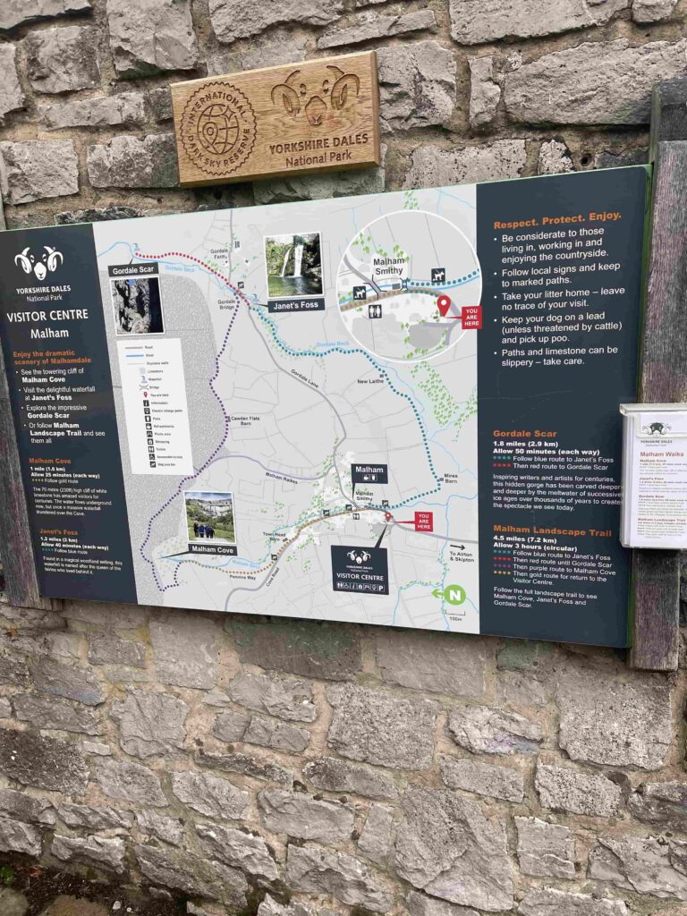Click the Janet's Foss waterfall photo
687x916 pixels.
coord(293,265)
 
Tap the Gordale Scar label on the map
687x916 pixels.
coord(134,270)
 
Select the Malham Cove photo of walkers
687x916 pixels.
coord(210,517)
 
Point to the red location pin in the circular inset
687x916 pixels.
coord(443,306)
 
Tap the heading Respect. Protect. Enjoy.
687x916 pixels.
coord(556,216)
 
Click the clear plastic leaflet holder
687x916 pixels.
coord(653,474)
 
